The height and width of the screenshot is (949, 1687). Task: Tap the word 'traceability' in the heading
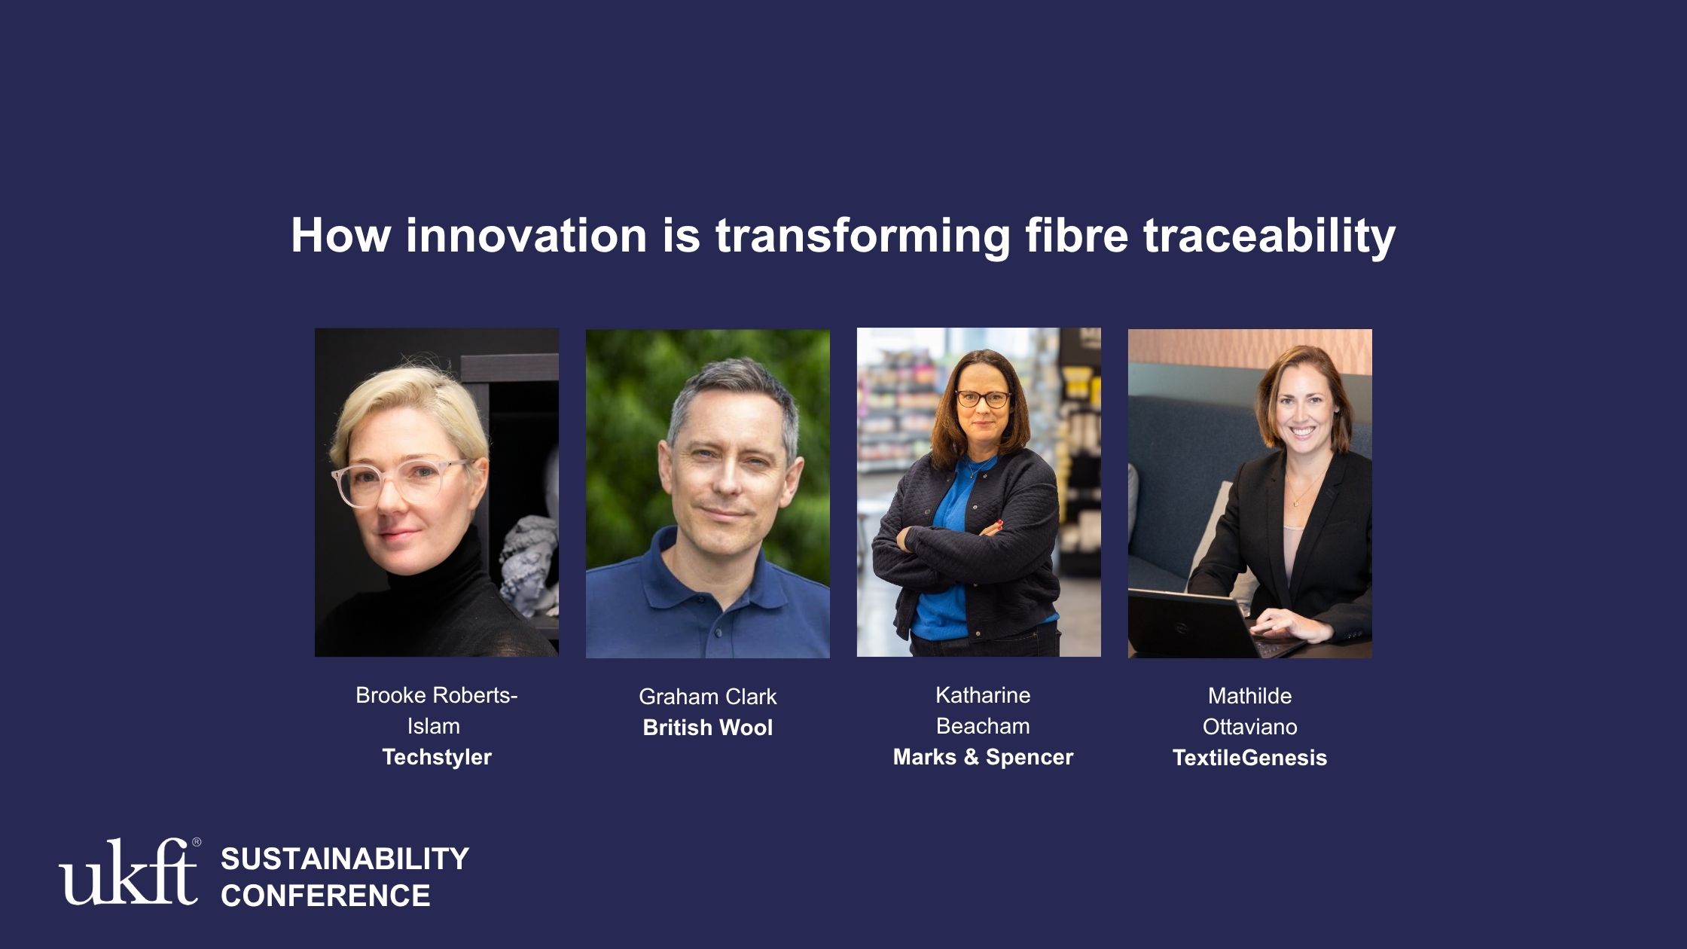pos(1270,236)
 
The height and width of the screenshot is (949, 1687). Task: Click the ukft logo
pos(128,871)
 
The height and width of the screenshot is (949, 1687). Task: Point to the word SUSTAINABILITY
pos(345,859)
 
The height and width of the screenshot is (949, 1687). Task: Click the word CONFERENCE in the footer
pos(325,896)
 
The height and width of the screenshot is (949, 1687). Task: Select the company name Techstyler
pos(437,757)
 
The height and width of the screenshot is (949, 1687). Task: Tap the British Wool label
pos(708,728)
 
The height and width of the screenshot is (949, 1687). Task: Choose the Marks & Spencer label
pos(983,757)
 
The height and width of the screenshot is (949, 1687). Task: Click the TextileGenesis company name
pos(1250,758)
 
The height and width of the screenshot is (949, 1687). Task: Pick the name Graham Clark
pos(708,697)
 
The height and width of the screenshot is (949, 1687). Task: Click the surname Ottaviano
pos(1250,727)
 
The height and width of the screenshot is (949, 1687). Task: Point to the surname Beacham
pos(983,726)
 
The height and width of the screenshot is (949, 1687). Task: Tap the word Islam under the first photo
pos(434,726)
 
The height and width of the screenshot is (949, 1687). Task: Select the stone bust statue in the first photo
pos(530,565)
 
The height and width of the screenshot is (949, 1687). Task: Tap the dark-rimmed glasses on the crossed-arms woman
pos(984,399)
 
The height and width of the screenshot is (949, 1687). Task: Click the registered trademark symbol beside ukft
pos(197,843)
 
